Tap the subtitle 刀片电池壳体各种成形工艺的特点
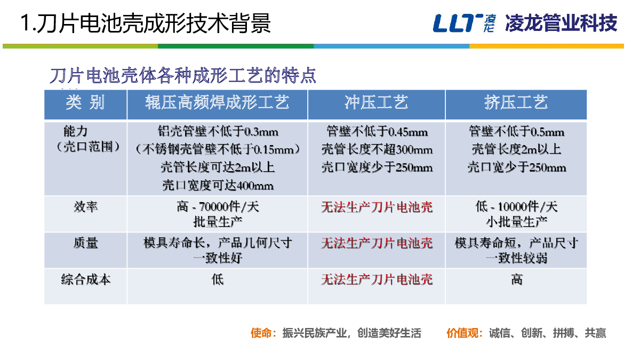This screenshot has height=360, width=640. click(183, 75)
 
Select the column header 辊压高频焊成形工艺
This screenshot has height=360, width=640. click(217, 102)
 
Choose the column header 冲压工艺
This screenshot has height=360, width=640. click(377, 102)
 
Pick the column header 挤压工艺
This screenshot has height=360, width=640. click(516, 102)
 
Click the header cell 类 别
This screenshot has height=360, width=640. click(85, 102)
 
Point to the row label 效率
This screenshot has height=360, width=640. click(86, 206)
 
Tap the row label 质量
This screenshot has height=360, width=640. click(86, 243)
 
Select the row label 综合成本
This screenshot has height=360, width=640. click(86, 279)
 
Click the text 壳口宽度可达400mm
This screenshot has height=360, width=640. click(218, 186)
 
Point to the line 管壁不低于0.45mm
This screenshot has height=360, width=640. click(377, 132)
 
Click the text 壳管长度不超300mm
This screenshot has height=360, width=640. click(377, 149)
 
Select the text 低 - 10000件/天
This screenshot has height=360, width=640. click(516, 206)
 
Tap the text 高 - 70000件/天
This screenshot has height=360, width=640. click(218, 206)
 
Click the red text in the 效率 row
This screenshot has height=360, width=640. click(377, 207)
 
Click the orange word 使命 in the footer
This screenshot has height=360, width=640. click(261, 333)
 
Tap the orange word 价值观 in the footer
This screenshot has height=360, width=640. click(462, 333)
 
